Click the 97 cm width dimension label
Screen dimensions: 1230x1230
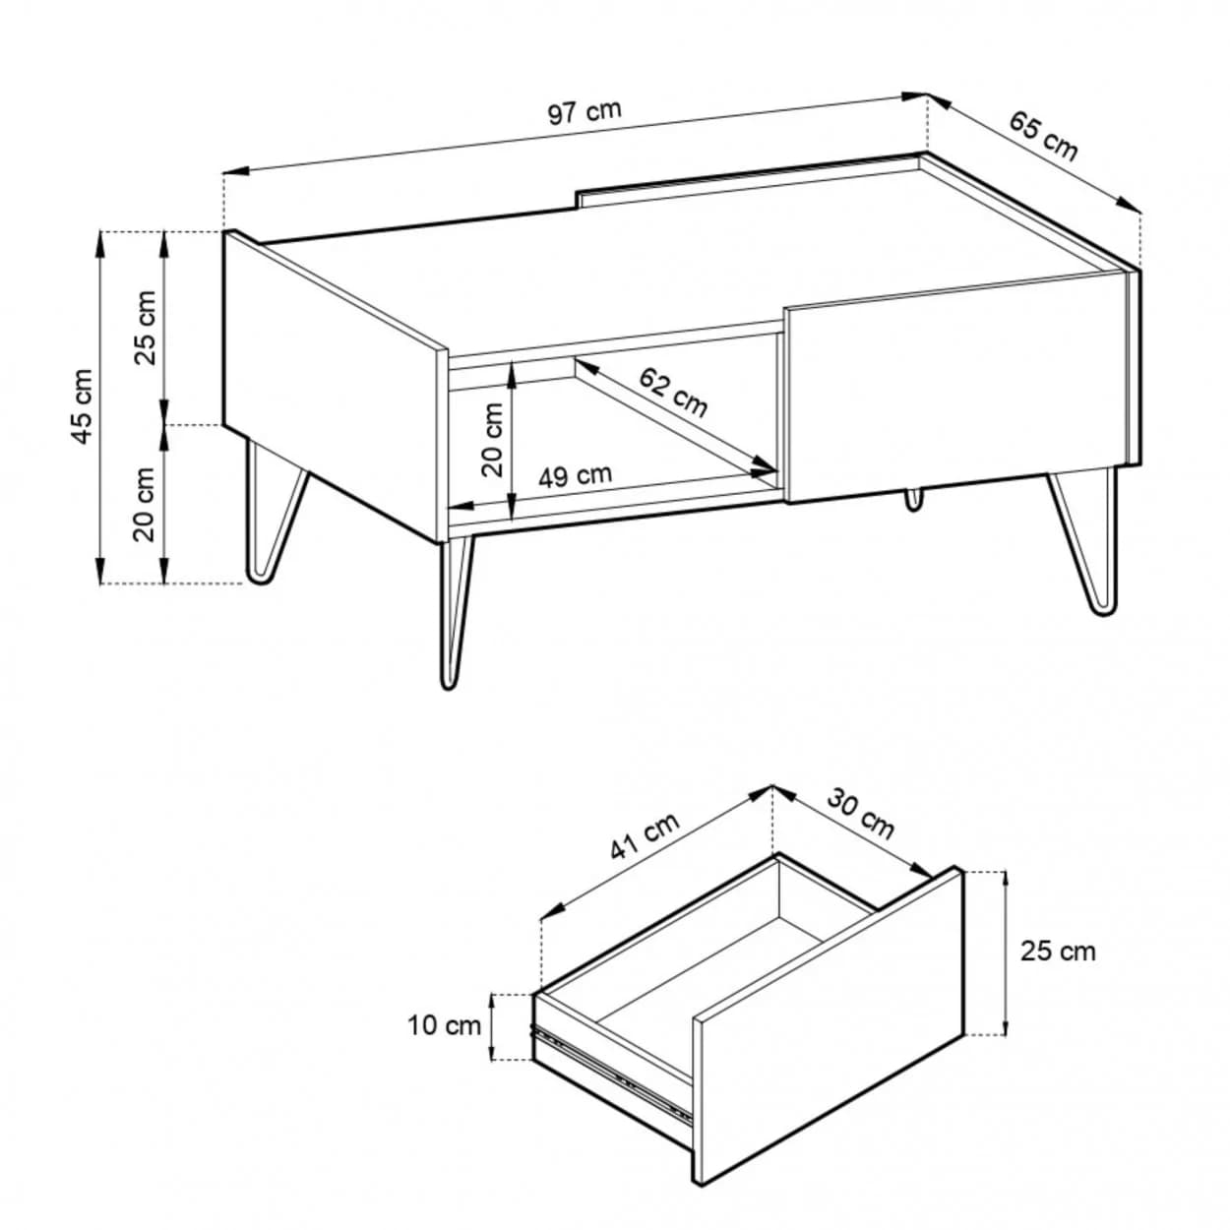tap(584, 113)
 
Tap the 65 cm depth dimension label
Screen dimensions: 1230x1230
tap(1042, 136)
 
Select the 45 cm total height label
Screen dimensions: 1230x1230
tap(83, 406)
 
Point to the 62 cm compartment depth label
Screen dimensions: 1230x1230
tap(673, 392)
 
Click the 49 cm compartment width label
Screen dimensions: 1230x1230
tap(575, 475)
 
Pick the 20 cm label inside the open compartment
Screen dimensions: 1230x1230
tap(492, 439)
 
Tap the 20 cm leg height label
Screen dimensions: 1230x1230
tap(145, 504)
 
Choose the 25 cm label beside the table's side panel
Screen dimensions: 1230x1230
tap(145, 328)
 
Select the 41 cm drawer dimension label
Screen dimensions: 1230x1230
tap(645, 835)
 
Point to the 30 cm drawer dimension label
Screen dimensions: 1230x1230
tap(860, 813)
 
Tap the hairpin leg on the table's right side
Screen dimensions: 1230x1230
tap(1083, 541)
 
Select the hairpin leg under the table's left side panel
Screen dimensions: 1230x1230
tap(276, 511)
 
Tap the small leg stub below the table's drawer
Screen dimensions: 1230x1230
tap(914, 499)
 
